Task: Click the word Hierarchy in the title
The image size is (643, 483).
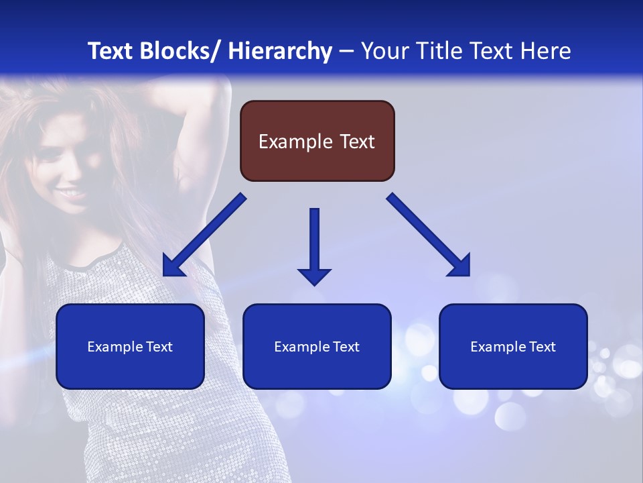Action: pyautogui.click(x=279, y=51)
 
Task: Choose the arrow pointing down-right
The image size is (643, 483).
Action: pyautogui.click(x=429, y=235)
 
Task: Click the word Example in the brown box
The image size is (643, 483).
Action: pyautogui.click(x=295, y=142)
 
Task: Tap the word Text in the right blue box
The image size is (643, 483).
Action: pyautogui.click(x=541, y=347)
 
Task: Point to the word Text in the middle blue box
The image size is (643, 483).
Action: pyautogui.click(x=345, y=347)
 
